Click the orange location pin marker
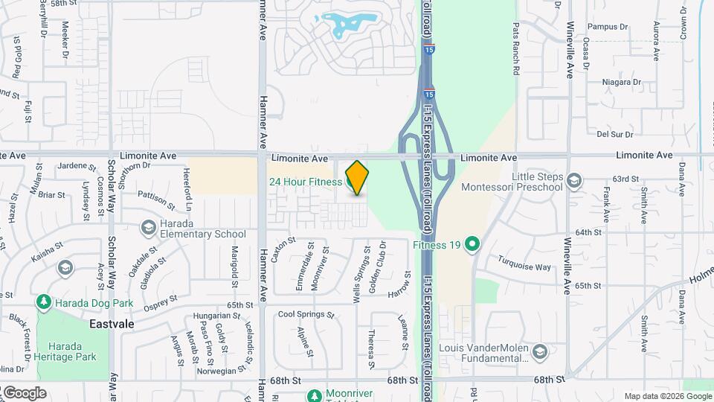pos(357,177)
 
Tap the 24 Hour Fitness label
pos(305,182)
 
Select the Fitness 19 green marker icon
pos(472,243)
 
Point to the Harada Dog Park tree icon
pos(44,301)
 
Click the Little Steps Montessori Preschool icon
pos(573,179)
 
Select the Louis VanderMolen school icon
pos(539,350)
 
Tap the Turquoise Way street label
pos(524,267)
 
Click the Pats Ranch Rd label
pos(515,48)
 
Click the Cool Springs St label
pos(306,315)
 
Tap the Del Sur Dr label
pos(614,135)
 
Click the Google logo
pos(24,392)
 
